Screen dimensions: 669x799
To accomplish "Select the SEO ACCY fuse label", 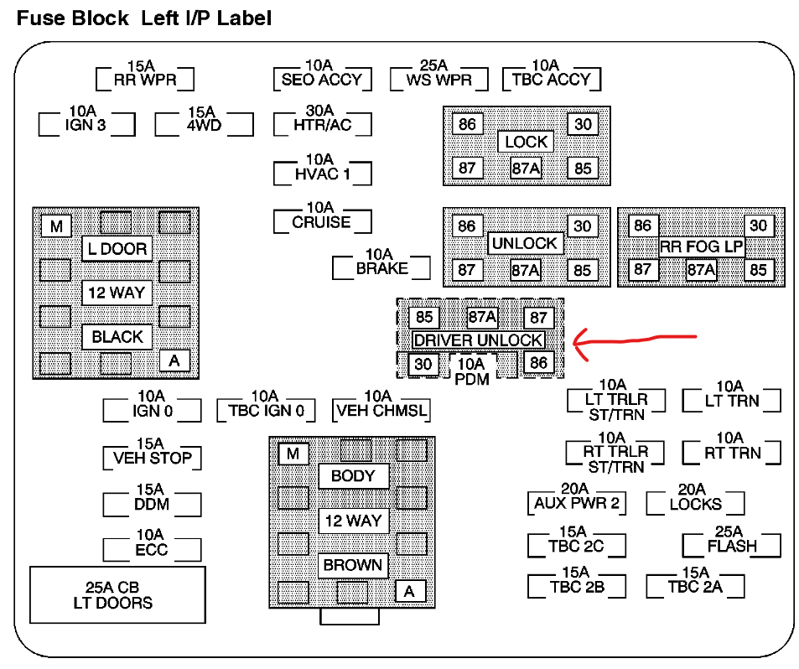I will click(x=322, y=80).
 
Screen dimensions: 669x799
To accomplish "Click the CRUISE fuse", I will click(x=322, y=222).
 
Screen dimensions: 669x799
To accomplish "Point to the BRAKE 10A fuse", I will click(x=381, y=268).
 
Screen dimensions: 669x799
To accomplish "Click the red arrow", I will click(x=634, y=340).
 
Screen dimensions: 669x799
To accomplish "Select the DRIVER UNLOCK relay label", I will click(x=478, y=340).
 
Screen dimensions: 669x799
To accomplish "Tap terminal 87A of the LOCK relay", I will click(x=526, y=168).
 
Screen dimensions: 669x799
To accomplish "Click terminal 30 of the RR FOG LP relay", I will click(x=758, y=226).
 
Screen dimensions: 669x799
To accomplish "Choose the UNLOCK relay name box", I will click(x=524, y=244).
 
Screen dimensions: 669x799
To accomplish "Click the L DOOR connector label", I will click(x=117, y=249).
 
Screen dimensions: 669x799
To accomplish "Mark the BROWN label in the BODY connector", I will click(x=353, y=565).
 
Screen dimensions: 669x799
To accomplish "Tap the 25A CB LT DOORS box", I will click(x=118, y=594).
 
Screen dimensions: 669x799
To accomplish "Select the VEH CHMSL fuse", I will click(x=381, y=410).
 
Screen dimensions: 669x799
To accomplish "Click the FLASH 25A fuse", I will click(x=731, y=545).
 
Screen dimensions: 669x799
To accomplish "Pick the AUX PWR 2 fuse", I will click(x=576, y=503).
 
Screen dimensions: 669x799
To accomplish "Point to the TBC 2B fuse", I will click(x=576, y=586).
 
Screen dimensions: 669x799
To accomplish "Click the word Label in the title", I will click(x=244, y=18).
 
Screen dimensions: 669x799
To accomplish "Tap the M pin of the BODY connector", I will click(x=293, y=454).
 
